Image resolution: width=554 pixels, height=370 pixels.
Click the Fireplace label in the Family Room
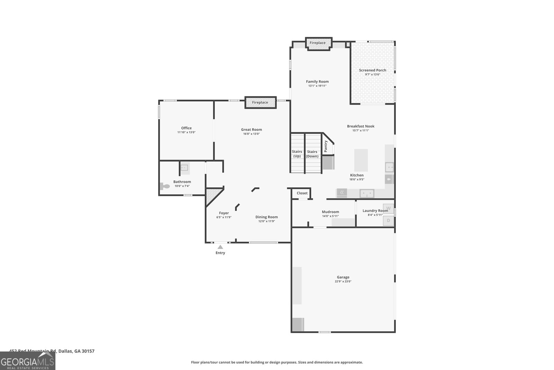click(318, 43)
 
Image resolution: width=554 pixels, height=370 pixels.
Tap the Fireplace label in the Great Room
click(260, 103)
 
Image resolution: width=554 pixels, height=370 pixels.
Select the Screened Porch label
click(373, 70)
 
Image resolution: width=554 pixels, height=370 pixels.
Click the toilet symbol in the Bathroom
click(165, 186)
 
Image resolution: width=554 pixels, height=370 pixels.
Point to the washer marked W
click(388, 208)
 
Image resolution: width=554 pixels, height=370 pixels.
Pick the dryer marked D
click(388, 220)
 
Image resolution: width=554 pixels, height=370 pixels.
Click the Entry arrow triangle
click(220, 247)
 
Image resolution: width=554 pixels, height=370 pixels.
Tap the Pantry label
click(326, 146)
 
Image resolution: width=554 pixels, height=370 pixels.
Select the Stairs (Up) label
click(297, 154)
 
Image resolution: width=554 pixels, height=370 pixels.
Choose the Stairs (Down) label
click(312, 154)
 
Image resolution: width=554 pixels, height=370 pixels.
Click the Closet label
click(302, 193)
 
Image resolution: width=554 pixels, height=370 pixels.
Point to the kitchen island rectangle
click(361, 160)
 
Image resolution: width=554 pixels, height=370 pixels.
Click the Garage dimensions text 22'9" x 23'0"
click(343, 282)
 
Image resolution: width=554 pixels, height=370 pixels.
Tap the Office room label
click(186, 128)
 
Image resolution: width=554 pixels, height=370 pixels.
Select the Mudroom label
click(330, 212)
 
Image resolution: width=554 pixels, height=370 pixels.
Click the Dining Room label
click(267, 217)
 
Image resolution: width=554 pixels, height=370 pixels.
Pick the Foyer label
click(224, 213)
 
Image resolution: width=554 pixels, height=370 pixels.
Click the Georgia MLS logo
click(28, 361)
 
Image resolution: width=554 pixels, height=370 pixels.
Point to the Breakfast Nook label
click(360, 126)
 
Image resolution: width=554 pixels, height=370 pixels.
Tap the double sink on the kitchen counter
click(367, 193)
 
